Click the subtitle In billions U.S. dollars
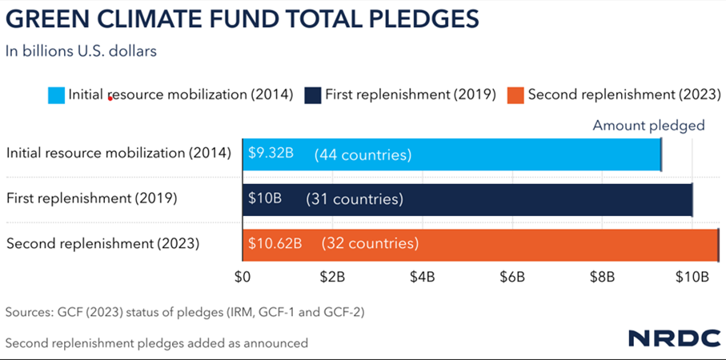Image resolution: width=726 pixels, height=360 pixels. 80,51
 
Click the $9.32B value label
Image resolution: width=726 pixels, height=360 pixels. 271,153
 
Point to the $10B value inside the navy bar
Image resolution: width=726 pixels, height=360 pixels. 264,198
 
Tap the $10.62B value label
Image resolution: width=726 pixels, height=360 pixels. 275,242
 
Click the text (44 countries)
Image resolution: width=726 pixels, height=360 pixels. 363,154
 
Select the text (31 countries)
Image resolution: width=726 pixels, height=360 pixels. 355,198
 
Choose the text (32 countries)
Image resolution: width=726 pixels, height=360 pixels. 370,242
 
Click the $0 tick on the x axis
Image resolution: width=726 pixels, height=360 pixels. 243,277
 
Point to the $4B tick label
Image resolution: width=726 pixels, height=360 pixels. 422,277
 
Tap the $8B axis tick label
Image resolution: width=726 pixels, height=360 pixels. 602,277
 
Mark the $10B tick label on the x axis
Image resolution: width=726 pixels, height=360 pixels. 692,277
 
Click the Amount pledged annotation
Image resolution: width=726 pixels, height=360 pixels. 648,125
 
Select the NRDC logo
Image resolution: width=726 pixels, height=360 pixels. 674,338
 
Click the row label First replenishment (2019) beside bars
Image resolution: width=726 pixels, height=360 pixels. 91,198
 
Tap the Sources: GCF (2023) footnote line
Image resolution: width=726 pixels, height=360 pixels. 185,312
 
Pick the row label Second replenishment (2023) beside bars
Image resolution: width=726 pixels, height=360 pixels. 102,242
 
